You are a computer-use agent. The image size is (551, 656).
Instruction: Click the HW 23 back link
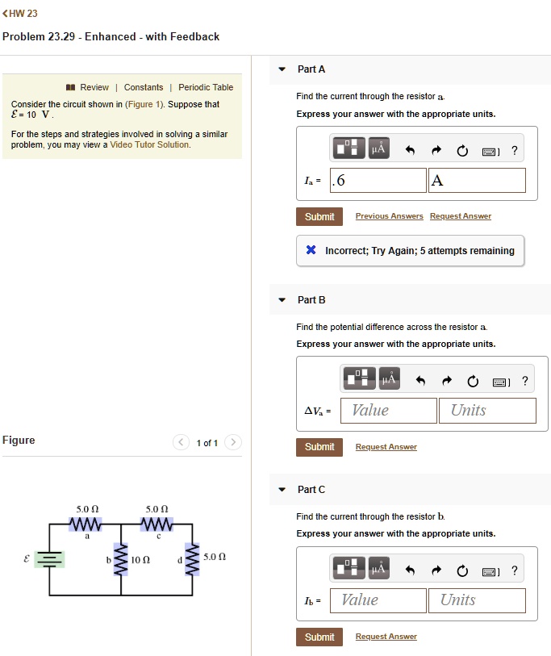point(21,14)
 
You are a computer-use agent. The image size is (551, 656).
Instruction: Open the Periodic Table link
point(206,87)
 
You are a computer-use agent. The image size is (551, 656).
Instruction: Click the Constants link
point(143,87)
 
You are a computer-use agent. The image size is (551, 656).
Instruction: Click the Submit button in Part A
point(319,216)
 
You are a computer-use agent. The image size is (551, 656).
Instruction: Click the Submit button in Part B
point(319,447)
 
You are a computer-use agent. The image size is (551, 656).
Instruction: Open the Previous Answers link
point(389,216)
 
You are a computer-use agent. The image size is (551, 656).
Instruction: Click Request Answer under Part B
point(386,447)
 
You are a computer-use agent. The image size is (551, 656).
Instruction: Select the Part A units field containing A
point(477,181)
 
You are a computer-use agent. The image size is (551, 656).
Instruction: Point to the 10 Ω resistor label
point(140,559)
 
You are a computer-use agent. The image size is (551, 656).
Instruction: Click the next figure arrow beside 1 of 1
point(233,442)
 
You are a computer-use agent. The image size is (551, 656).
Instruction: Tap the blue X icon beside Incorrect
point(311,251)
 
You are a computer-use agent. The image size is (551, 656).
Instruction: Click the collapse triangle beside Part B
point(282,300)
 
